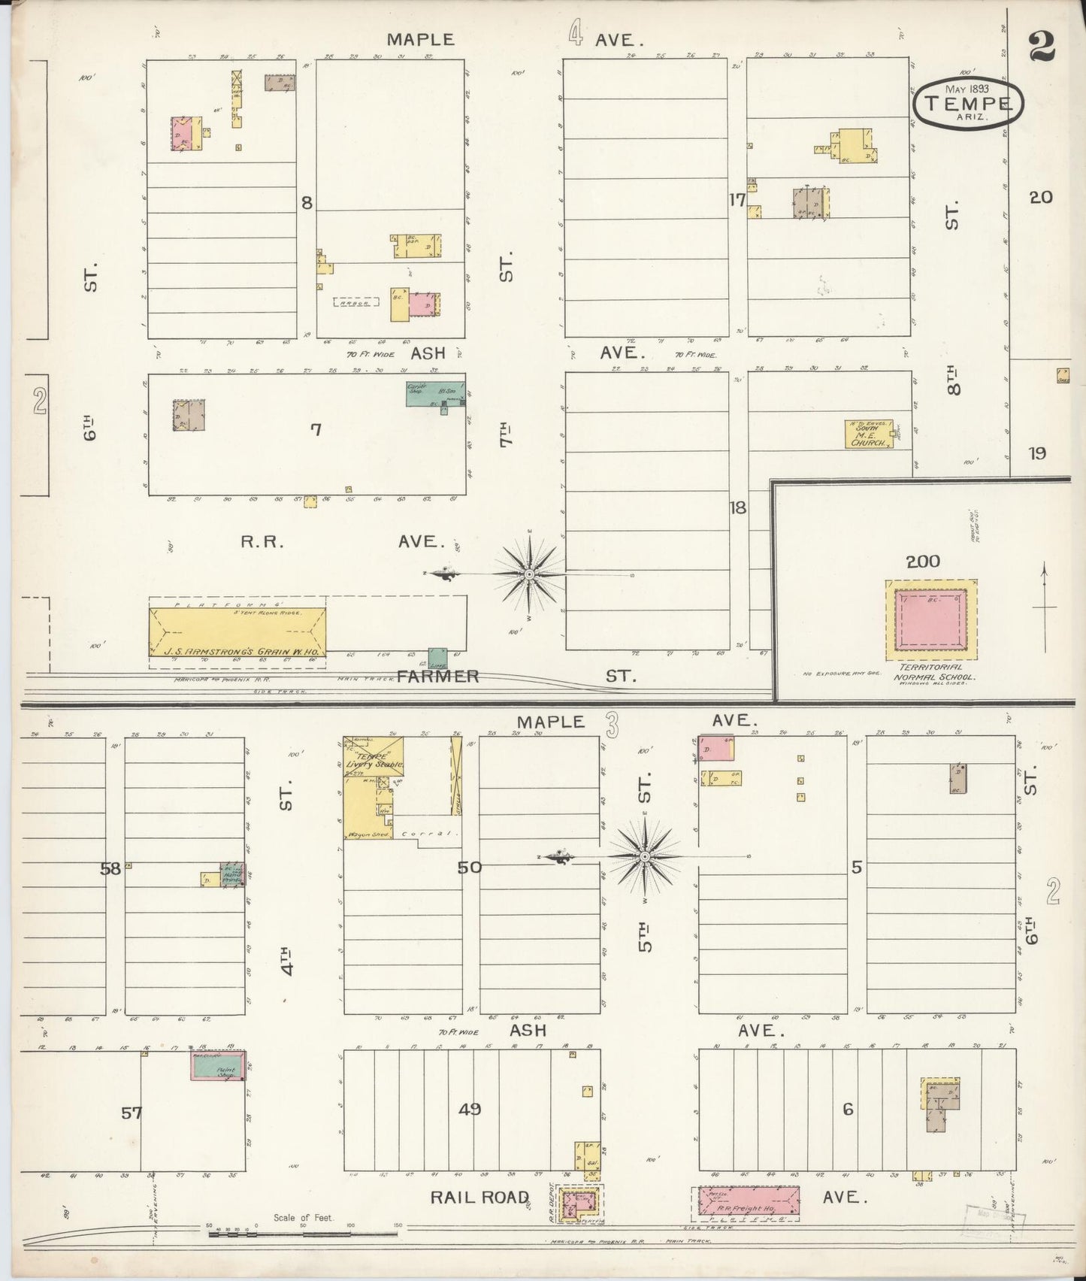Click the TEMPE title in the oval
[968, 103]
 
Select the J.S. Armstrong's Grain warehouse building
[237, 639]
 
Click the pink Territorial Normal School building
[931, 622]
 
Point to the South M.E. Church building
[869, 434]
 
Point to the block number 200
[923, 561]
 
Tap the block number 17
[737, 201]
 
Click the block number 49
[470, 1109]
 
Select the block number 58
[110, 869]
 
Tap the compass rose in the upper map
[531, 574]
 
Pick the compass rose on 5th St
[645, 857]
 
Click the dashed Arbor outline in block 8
[355, 301]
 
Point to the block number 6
[848, 1109]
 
